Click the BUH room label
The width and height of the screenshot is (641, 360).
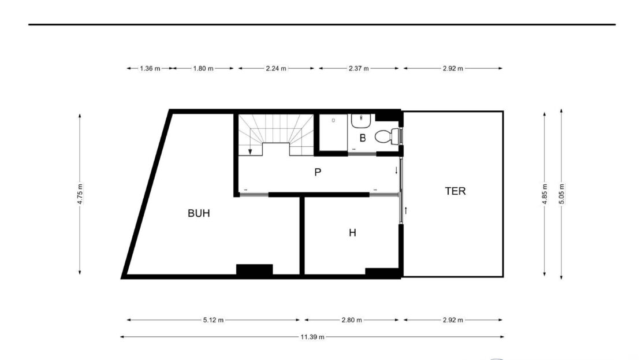pyautogui.click(x=199, y=213)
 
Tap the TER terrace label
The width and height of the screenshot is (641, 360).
pyautogui.click(x=456, y=191)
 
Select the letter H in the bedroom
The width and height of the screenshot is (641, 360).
pyautogui.click(x=352, y=233)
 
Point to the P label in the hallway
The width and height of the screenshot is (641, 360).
pyautogui.click(x=318, y=172)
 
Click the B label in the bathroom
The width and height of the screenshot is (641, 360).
pyautogui.click(x=363, y=138)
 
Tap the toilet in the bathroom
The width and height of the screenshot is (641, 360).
pyautogui.click(x=387, y=136)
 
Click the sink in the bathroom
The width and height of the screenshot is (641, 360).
pyautogui.click(x=361, y=121)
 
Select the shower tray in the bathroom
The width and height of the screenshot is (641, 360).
pyautogui.click(x=333, y=132)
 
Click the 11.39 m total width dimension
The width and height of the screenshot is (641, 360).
pyautogui.click(x=312, y=337)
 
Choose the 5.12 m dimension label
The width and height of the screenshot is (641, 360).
pyautogui.click(x=214, y=320)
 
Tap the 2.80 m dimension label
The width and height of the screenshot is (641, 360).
pyautogui.click(x=352, y=320)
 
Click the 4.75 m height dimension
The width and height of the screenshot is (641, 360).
pyautogui.click(x=80, y=194)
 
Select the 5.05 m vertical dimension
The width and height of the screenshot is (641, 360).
pyautogui.click(x=562, y=194)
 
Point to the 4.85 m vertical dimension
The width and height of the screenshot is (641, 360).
pyautogui.click(x=545, y=194)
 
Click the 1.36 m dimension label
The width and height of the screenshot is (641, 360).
pyautogui.click(x=150, y=68)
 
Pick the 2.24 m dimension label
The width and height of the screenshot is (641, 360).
pyautogui.click(x=276, y=68)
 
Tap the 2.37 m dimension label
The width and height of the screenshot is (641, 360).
pyautogui.click(x=359, y=68)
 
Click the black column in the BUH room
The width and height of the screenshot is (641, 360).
pyautogui.click(x=254, y=270)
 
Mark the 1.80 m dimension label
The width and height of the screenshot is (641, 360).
pyautogui.click(x=203, y=68)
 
